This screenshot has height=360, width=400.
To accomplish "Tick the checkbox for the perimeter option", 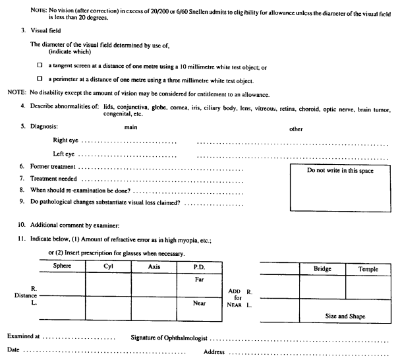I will pyautogui.click(x=40, y=80).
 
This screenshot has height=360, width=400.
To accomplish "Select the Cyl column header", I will pyautogui.click(x=108, y=266).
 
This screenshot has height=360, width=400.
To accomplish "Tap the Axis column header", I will pyautogui.click(x=154, y=266).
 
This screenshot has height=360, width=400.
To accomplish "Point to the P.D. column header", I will pyautogui.click(x=200, y=266).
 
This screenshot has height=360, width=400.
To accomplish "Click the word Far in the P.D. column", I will pyautogui.click(x=200, y=279).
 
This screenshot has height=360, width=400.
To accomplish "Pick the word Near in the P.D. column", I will pyautogui.click(x=200, y=304).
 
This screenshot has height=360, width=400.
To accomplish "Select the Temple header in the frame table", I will pyautogui.click(x=368, y=269).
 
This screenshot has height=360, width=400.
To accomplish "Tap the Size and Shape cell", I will pyautogui.click(x=346, y=316).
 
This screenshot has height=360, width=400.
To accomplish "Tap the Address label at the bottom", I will pyautogui.click(x=215, y=351).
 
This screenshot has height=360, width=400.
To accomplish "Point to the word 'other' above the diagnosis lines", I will pyautogui.click(x=296, y=129).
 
